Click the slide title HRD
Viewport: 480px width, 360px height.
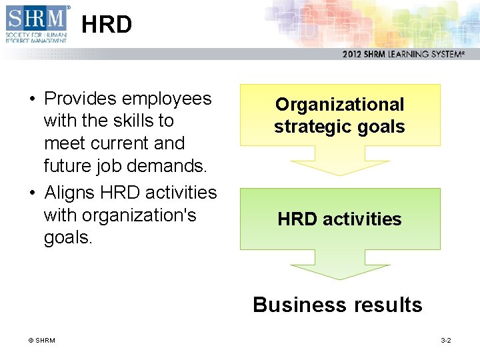[107, 25]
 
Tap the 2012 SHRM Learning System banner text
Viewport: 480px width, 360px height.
[403, 55]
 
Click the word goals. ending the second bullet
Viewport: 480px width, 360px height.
[68, 238]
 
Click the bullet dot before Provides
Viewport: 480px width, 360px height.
[31, 99]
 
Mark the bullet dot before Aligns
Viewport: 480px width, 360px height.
[31, 193]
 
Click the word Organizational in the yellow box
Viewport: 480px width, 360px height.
[339, 105]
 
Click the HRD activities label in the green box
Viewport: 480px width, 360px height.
[339, 219]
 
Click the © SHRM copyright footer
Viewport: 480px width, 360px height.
[41, 341]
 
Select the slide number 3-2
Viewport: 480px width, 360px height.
[445, 341]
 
